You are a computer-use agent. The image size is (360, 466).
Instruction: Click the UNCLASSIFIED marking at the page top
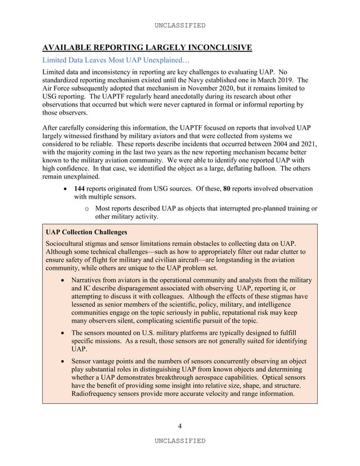[x=180, y=25]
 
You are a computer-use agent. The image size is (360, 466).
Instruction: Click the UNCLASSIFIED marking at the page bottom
[x=180, y=440]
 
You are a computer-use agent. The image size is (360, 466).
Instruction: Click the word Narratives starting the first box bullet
[x=89, y=280]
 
